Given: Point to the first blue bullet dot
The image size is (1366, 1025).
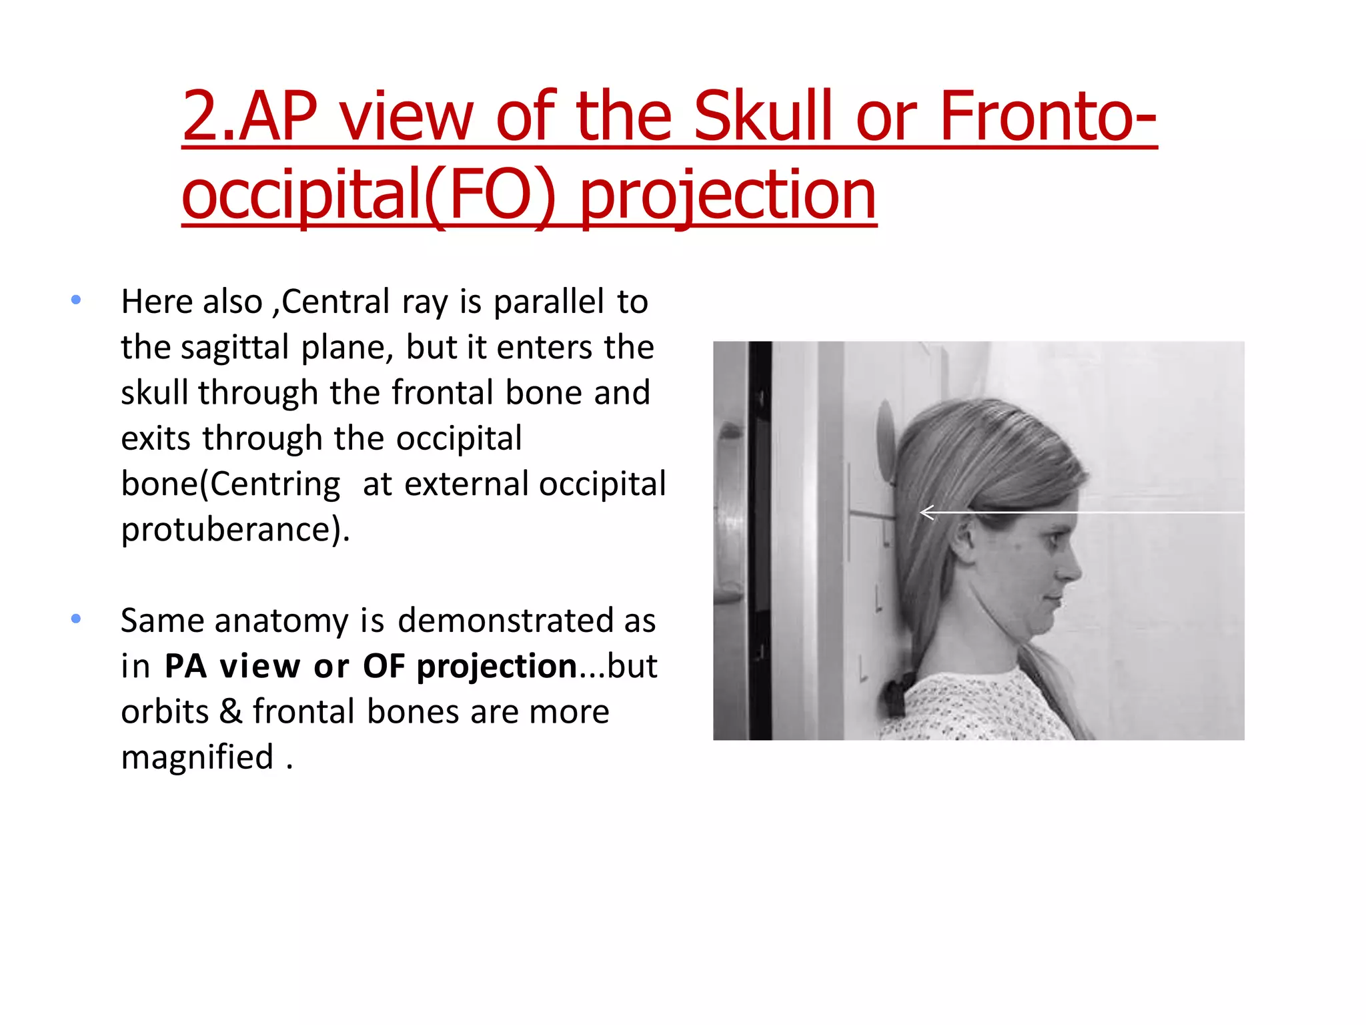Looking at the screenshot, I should [x=76, y=300].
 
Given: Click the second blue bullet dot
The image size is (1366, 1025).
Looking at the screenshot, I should [x=76, y=619].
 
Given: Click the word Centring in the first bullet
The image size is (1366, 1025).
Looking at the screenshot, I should [x=275, y=484].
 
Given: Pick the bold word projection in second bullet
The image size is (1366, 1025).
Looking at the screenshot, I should [x=497, y=666].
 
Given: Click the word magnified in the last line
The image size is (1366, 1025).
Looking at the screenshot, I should [x=197, y=757].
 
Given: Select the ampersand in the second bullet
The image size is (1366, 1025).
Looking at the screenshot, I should [x=231, y=711].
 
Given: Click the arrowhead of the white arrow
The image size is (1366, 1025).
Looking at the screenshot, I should [x=924, y=512].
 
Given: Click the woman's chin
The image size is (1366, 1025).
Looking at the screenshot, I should [x=1047, y=627].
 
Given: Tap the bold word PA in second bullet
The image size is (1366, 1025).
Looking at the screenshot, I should [x=185, y=666].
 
